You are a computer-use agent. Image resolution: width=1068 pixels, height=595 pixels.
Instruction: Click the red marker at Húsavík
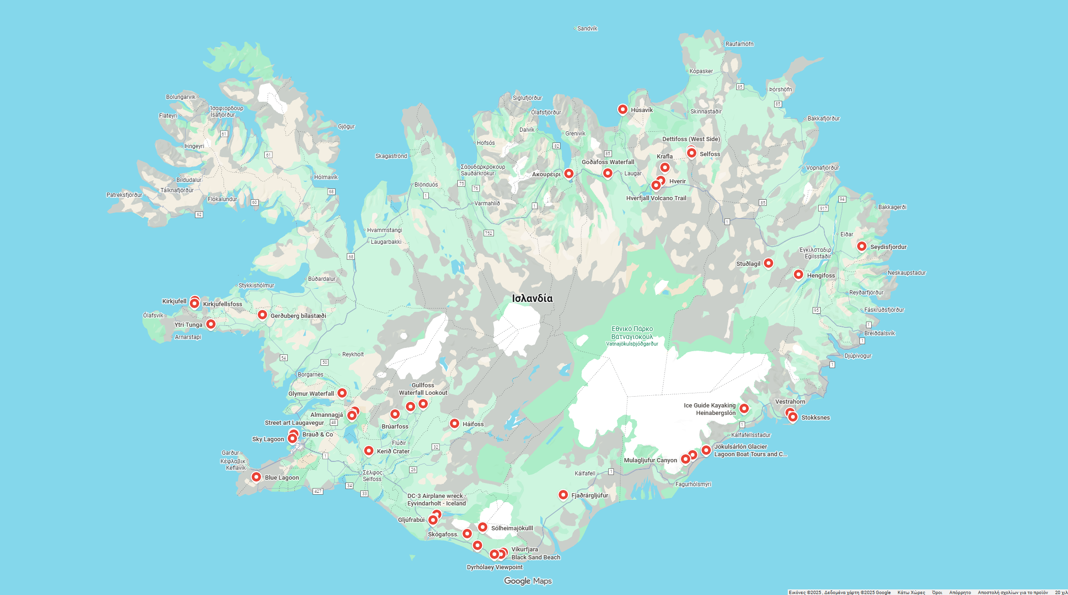622,109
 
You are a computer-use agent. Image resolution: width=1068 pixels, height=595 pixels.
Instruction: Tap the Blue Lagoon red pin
256,477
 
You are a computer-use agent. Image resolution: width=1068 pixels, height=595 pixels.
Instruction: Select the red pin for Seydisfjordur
861,246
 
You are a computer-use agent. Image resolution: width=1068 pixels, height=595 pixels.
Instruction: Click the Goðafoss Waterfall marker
607,173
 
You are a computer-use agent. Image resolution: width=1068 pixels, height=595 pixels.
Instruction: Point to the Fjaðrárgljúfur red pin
563,495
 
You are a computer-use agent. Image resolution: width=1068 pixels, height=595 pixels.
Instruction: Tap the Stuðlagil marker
768,263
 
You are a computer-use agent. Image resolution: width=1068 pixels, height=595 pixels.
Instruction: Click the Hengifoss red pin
798,274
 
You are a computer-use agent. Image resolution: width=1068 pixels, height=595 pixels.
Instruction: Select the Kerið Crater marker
369,451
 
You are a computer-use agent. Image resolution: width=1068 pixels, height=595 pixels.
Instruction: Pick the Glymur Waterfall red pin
342,393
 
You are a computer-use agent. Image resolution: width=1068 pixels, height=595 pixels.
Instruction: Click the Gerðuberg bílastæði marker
262,315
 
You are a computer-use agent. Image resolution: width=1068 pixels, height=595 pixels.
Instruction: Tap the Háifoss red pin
454,423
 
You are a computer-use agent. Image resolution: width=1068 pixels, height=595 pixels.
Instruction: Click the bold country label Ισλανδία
532,298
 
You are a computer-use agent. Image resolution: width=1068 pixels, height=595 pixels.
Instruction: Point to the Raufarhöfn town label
739,44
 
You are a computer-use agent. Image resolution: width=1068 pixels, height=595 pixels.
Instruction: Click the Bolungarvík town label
180,97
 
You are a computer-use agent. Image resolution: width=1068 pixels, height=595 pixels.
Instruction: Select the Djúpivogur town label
858,356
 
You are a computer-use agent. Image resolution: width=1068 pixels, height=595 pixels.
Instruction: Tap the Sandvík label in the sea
587,29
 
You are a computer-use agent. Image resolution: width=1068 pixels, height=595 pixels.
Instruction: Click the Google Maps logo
528,581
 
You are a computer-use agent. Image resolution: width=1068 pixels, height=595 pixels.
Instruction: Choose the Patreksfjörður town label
124,195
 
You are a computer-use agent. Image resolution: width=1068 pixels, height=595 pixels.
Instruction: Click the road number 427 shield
318,491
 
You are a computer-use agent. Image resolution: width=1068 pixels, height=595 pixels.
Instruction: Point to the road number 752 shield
488,233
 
